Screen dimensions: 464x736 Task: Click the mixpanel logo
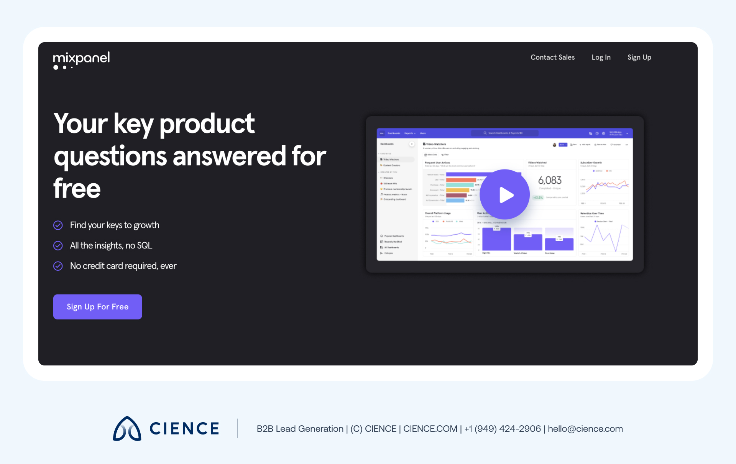pos(81,60)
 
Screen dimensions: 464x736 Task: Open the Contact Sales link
pos(552,58)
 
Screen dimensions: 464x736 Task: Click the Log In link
pos(601,58)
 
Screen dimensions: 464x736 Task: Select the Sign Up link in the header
pos(639,58)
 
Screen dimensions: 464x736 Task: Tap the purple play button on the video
pos(505,195)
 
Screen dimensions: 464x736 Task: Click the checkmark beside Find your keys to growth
pos(58,225)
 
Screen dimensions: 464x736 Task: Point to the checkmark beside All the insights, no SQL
pos(58,245)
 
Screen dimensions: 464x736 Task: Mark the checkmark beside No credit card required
pos(58,266)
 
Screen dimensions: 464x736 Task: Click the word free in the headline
pos(77,189)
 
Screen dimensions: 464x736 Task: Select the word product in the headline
pos(207,123)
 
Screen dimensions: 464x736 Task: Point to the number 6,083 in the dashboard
pos(550,180)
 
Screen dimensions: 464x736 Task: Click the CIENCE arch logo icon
pos(127,429)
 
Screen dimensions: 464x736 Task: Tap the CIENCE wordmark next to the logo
pos(184,429)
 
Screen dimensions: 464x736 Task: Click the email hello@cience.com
pos(585,429)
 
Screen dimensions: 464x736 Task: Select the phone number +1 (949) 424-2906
pos(503,429)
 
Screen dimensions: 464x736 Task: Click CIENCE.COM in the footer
pos(430,429)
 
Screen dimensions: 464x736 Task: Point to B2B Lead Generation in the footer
pos(300,429)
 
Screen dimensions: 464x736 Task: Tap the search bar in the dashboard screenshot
pos(504,133)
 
